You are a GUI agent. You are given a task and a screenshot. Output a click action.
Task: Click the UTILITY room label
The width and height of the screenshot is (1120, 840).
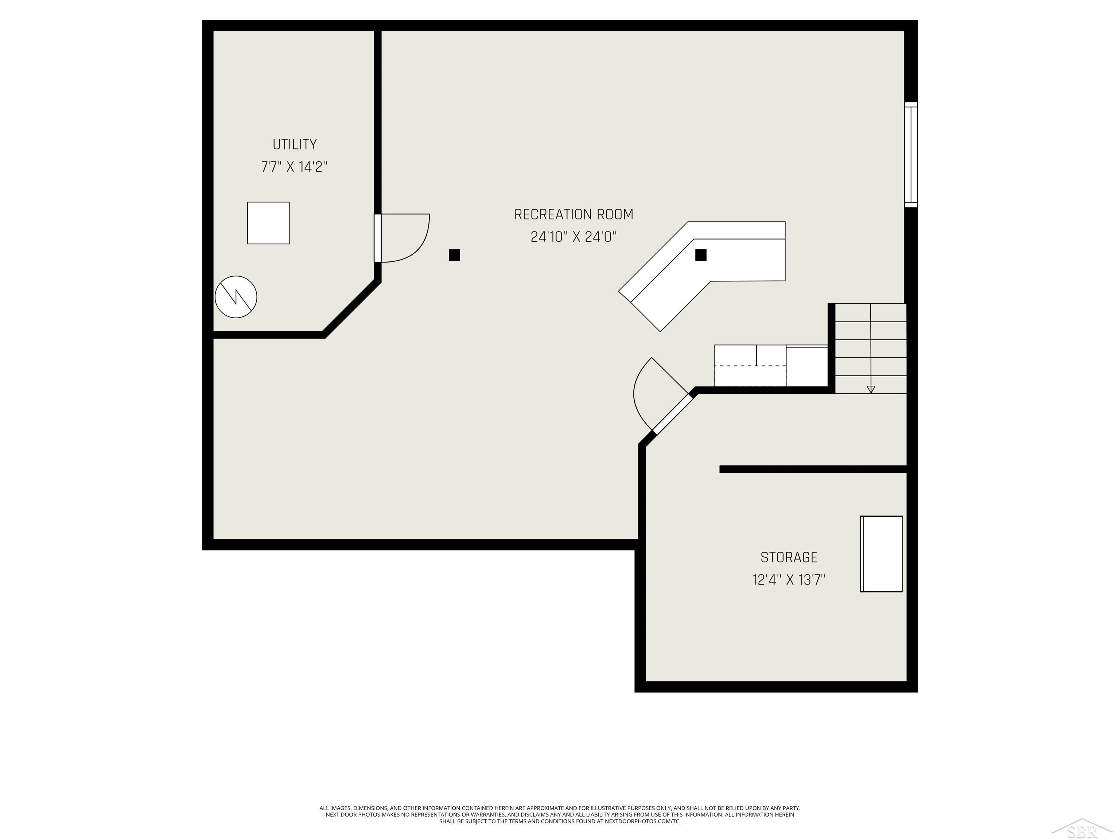pos(294,145)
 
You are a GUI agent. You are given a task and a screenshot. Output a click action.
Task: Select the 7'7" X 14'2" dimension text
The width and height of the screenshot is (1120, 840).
pos(294,167)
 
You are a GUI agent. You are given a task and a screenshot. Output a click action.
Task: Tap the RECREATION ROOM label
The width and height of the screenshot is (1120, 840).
pos(573,215)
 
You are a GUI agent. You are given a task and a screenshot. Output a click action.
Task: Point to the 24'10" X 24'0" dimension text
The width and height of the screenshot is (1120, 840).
pos(573,237)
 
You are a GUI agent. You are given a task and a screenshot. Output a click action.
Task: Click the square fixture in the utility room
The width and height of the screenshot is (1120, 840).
pos(268,223)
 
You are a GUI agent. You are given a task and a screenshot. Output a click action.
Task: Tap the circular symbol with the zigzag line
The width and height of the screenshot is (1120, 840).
pos(236,297)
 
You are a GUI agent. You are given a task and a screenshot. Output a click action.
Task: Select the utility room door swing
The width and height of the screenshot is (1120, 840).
pos(405,238)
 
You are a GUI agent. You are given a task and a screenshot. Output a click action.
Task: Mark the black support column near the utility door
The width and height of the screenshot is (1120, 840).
pos(454,255)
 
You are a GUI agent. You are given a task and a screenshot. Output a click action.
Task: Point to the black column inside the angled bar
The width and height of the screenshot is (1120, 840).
pos(700,255)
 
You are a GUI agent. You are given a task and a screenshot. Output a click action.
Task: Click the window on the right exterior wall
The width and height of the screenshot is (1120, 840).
pos(910,155)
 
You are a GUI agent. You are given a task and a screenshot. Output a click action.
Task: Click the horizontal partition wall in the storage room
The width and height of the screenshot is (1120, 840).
pos(812,469)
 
